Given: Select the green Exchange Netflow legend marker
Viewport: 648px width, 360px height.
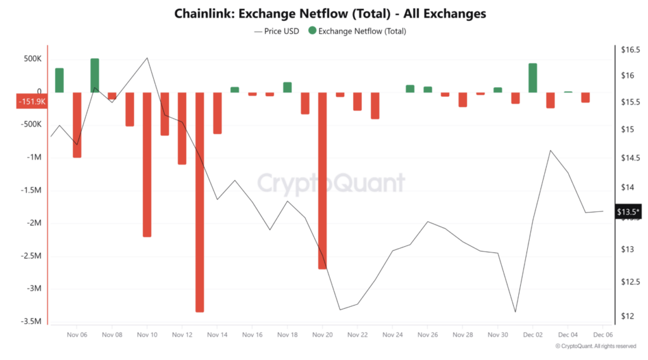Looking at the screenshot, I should [x=312, y=30].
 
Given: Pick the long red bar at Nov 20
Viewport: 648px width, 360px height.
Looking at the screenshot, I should [x=323, y=180].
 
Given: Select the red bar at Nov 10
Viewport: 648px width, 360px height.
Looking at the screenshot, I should [x=147, y=164].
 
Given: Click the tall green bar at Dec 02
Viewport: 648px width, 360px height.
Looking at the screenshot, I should [x=533, y=78].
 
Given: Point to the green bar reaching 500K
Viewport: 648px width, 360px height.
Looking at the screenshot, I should [x=94, y=75].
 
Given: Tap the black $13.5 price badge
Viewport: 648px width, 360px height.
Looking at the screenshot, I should [x=628, y=212].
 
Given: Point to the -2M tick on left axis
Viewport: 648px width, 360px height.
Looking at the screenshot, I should [x=31, y=223].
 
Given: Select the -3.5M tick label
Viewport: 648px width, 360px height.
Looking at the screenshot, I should [x=30, y=322].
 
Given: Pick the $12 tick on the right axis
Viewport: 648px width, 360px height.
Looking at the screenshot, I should [x=626, y=316].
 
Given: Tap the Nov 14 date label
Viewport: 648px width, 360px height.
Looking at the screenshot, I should [x=217, y=335].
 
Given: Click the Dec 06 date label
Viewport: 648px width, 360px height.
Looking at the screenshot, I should [x=603, y=335].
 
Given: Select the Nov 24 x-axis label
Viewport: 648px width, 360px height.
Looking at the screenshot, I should [x=392, y=335].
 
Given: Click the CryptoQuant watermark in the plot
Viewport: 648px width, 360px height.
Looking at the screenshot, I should [x=331, y=183].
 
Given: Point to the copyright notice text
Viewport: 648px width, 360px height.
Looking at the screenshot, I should [x=595, y=346].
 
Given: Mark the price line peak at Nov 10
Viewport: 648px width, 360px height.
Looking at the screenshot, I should [x=147, y=58].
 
